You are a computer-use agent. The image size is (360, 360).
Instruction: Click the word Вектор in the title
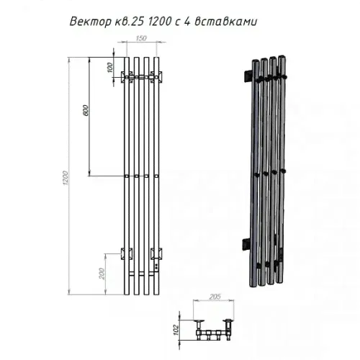click(91, 22)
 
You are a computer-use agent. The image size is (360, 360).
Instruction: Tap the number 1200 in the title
click(159, 22)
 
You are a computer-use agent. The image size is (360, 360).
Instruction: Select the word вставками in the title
click(226, 22)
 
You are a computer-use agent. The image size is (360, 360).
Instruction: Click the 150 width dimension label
click(141, 38)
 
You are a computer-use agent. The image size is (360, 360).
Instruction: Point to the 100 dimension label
click(109, 68)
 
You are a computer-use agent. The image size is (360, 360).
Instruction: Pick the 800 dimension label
click(86, 110)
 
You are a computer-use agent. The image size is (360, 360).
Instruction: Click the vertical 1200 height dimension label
click(66, 178)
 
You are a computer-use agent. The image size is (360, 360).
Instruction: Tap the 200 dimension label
click(102, 274)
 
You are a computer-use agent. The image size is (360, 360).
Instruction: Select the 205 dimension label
click(215, 297)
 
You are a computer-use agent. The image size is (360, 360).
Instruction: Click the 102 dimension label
click(176, 330)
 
